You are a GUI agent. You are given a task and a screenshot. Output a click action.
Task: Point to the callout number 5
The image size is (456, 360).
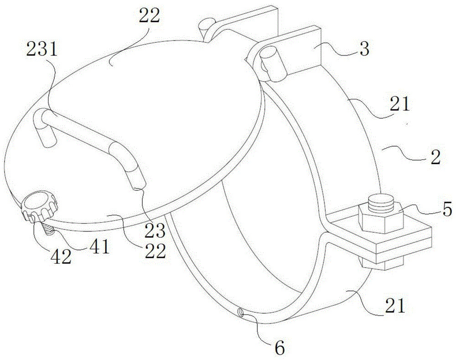(x=435, y=211)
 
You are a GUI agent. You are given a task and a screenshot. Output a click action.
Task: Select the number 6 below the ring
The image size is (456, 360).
(x=280, y=348)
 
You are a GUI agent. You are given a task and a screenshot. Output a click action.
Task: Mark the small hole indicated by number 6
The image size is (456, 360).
(x=239, y=312)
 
